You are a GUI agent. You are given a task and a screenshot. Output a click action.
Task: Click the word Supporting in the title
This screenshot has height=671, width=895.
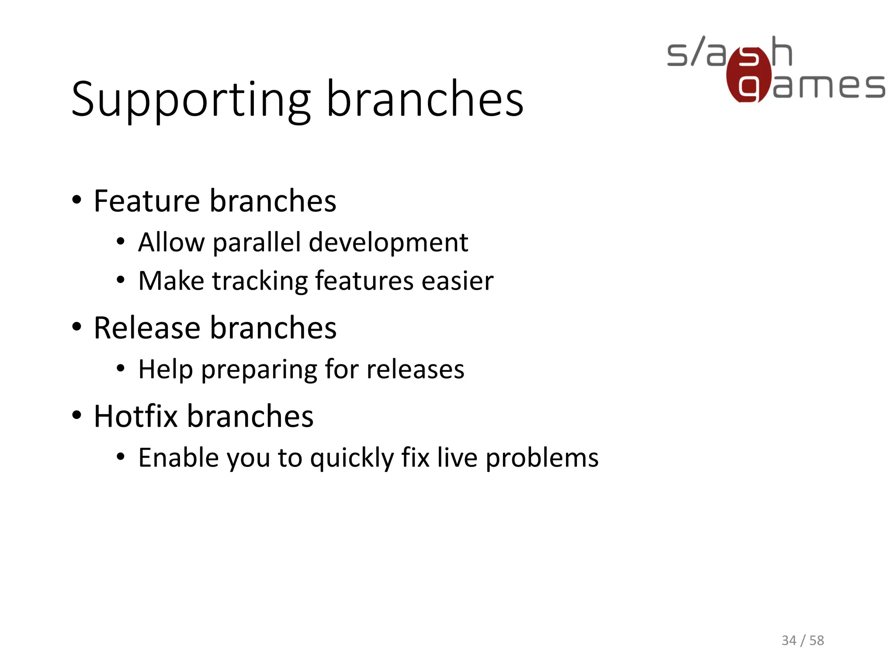click(191, 100)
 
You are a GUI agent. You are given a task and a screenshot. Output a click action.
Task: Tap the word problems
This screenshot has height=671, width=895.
click(542, 459)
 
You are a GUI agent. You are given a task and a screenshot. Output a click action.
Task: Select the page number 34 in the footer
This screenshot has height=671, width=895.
click(789, 640)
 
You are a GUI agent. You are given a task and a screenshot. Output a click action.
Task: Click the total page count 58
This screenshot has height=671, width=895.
click(816, 640)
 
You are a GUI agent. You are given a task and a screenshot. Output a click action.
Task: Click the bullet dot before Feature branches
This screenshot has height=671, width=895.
click(77, 201)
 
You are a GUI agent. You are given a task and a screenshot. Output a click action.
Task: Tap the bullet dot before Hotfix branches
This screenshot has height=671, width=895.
click(77, 415)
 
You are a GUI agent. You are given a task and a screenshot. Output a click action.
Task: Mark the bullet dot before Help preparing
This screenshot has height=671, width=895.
click(121, 369)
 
